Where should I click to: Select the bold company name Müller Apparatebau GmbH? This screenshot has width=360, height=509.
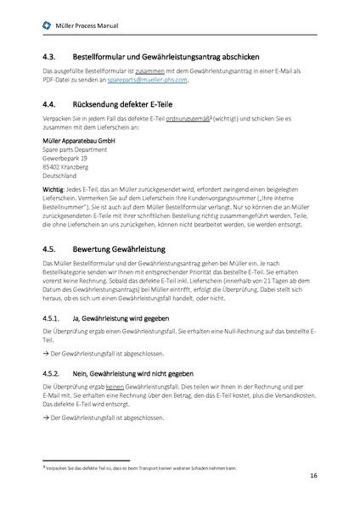(81, 141)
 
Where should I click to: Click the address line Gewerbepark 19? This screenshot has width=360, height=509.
(65, 158)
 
